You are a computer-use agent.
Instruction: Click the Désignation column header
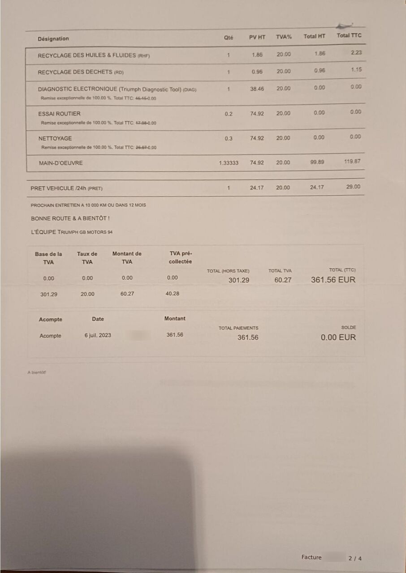(53, 39)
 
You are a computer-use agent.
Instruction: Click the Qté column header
(229, 38)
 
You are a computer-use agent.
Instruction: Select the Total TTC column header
(349, 35)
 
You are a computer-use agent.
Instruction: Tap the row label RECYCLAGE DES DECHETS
(80, 72)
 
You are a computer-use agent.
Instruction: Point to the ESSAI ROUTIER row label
(59, 114)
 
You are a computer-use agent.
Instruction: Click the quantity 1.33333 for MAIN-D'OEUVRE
(229, 163)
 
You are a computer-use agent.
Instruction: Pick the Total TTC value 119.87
(352, 161)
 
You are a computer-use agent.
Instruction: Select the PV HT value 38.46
(257, 89)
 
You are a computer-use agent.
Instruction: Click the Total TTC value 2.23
(356, 52)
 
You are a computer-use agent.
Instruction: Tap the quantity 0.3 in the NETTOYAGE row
(229, 138)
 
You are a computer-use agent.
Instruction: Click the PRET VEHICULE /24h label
(66, 188)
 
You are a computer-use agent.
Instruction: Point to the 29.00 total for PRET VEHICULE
(353, 187)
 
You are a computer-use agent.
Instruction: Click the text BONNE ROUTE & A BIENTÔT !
(70, 218)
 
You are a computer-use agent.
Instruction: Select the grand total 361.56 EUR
(333, 280)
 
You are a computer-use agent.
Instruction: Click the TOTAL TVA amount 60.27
(283, 280)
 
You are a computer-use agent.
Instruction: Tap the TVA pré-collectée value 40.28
(173, 294)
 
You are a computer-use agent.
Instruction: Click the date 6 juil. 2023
(98, 335)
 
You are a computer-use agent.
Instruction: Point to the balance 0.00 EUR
(338, 337)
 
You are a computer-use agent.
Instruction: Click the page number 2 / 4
(354, 558)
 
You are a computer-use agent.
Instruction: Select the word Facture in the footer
(311, 557)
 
